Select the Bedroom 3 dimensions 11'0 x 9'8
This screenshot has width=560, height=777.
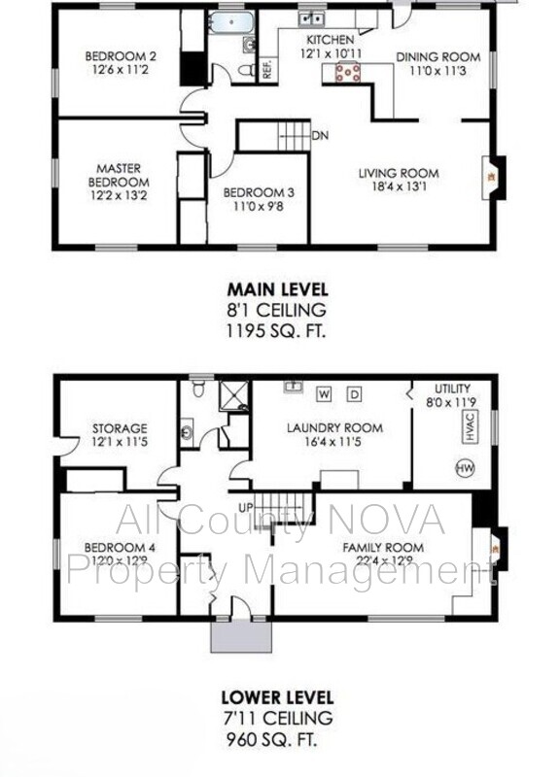(x=259, y=206)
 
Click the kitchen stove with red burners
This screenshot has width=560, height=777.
(x=348, y=72)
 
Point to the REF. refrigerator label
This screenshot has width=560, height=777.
(x=267, y=70)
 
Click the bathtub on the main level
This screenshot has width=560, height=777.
(x=231, y=22)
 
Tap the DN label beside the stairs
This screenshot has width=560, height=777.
(x=320, y=135)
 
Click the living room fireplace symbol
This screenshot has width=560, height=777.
(x=493, y=178)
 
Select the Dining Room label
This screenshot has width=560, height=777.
(x=437, y=57)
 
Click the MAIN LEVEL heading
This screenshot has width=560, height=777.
(x=277, y=289)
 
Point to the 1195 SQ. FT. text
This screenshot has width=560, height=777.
(x=276, y=330)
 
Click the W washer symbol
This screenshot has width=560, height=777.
(x=324, y=394)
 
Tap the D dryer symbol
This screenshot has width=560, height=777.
(x=354, y=394)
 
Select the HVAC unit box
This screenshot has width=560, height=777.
(x=471, y=426)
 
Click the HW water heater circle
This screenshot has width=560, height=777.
(x=465, y=468)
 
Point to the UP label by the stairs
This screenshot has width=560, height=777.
(x=246, y=508)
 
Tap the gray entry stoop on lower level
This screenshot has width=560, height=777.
(x=241, y=636)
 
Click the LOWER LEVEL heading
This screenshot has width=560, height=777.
(x=277, y=697)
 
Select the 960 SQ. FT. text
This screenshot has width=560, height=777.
(x=271, y=740)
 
